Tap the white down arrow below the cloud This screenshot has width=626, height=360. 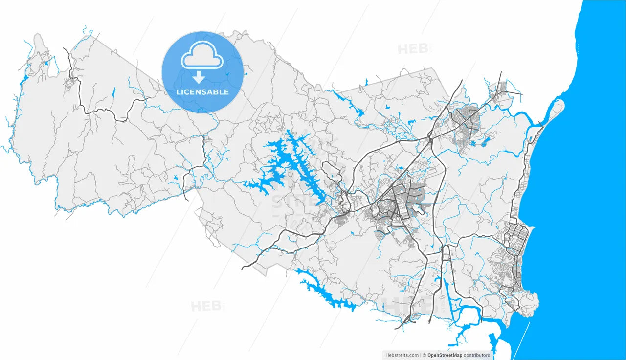pyautogui.click(x=199, y=77)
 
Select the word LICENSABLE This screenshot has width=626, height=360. pyautogui.click(x=202, y=92)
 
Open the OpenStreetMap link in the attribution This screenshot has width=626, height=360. pyautogui.click(x=445, y=355)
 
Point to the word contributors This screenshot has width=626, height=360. pyautogui.click(x=477, y=355)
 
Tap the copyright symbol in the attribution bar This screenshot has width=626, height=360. pyautogui.click(x=425, y=355)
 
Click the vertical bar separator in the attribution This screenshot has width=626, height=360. pyautogui.click(x=421, y=355)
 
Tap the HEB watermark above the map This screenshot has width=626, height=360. pyautogui.click(x=413, y=49)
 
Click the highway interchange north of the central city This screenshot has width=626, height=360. pyautogui.click(x=429, y=139)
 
